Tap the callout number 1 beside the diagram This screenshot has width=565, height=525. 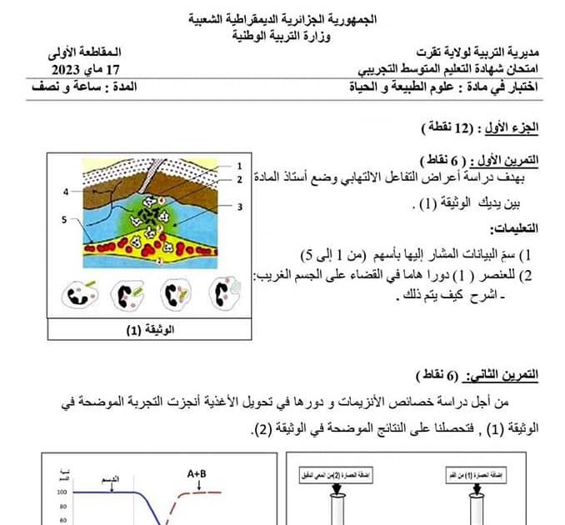coord(238,166)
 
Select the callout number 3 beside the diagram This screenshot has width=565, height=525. coord(238,207)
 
